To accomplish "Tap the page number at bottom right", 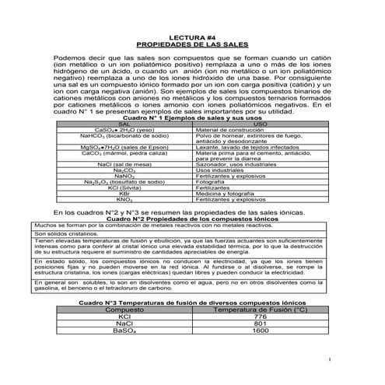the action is click(330, 359).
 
